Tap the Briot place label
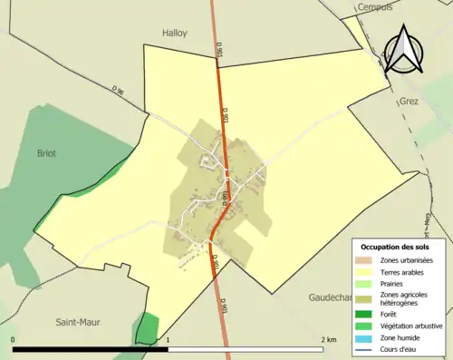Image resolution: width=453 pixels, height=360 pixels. coord(45,153)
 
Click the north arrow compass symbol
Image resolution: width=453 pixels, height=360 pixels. coord(404,51)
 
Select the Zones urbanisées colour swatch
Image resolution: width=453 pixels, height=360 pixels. coord(366,261)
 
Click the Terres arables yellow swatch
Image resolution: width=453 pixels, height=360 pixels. coord(366,272)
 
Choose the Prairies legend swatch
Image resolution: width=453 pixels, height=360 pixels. coord(366,283)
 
